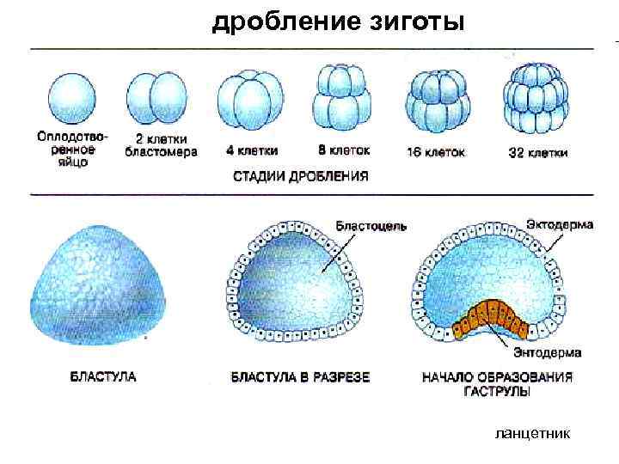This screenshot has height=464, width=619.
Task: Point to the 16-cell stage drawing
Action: tap(438, 100)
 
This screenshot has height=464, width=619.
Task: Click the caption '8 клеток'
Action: tap(344, 150)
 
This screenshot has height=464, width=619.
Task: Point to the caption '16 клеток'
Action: tap(436, 152)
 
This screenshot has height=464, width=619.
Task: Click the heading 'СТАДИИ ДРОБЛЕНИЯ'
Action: tap(301, 177)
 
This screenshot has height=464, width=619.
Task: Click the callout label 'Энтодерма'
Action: tap(547, 352)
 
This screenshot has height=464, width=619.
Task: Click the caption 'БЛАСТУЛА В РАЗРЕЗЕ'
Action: tap(300, 376)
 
